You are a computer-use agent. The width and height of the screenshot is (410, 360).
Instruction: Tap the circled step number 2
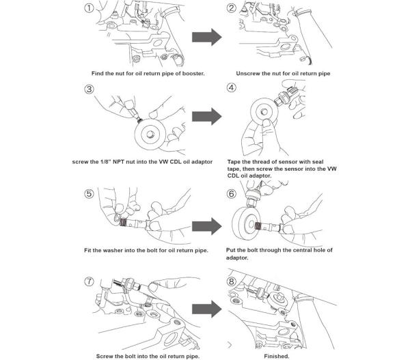[232, 8]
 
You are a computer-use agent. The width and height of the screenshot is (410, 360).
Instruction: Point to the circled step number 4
[232, 89]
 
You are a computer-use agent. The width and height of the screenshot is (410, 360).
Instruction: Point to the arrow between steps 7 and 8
[206, 308]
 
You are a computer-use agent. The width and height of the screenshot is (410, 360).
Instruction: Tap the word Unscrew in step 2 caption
[250, 72]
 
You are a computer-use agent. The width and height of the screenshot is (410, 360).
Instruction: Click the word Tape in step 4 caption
[236, 162]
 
